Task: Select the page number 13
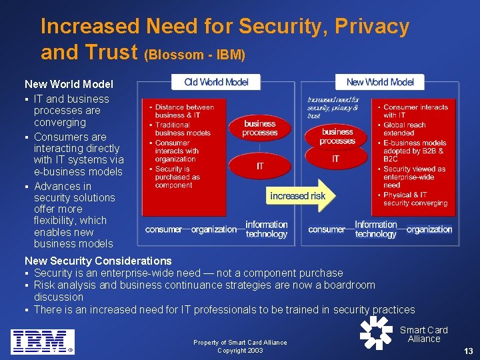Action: (x=468, y=351)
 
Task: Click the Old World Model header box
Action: (x=216, y=82)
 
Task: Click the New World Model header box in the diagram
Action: (x=380, y=82)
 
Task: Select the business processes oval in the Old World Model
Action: (x=260, y=128)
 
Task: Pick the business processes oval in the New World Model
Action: (x=337, y=136)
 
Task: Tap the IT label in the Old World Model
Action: (x=260, y=166)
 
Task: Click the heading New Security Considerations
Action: (x=98, y=261)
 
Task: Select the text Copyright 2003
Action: (x=240, y=351)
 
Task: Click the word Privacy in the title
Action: (x=372, y=27)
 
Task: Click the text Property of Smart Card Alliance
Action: (x=240, y=343)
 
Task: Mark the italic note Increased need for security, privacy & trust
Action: (x=333, y=107)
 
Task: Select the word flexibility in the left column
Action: (x=60, y=220)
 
